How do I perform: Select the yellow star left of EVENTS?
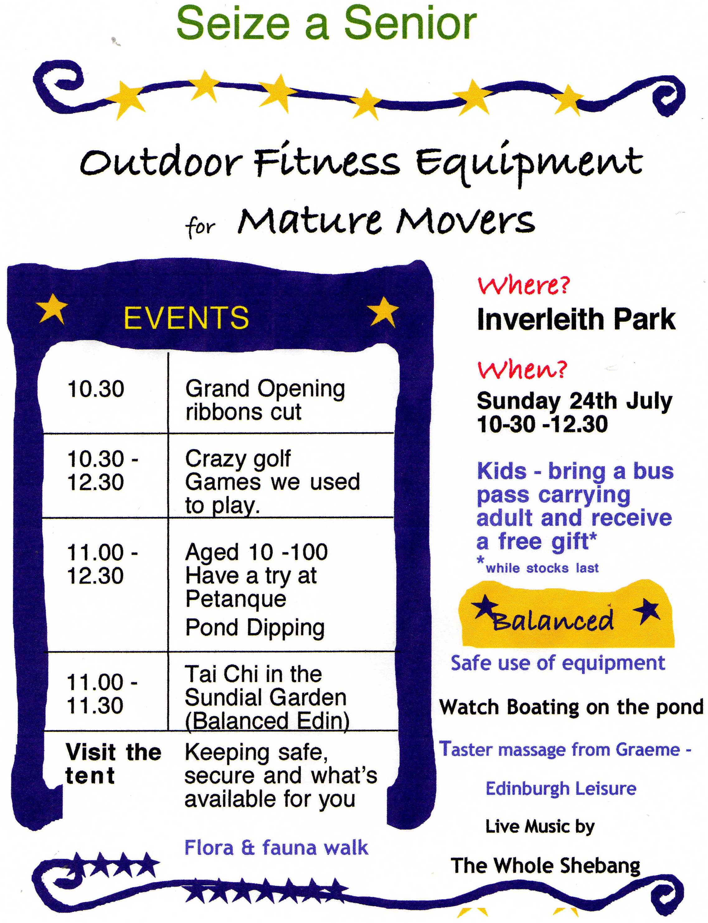[52, 309]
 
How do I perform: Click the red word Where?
[524, 285]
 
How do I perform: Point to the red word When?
[522, 370]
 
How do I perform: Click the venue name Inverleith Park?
[576, 319]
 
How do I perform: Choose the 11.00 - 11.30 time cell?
[102, 694]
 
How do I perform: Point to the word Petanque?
[236, 600]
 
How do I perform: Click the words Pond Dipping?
[255, 628]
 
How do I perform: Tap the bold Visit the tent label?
[113, 764]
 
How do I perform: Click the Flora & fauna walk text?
[276, 848]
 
